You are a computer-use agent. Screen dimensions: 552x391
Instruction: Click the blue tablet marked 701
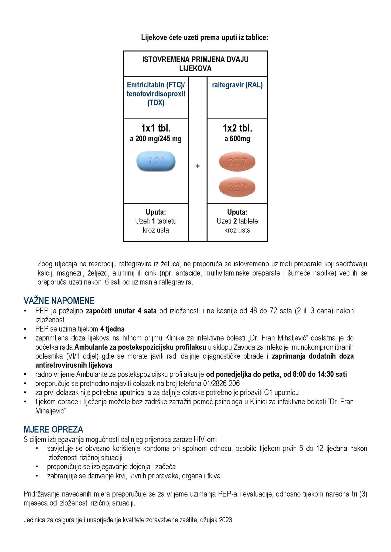156,161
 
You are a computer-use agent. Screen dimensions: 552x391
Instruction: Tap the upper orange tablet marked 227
237,162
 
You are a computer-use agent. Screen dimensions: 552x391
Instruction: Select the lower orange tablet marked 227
237,187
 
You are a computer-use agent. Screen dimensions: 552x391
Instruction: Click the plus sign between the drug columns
198,166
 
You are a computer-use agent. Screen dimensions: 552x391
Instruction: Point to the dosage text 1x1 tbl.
156,128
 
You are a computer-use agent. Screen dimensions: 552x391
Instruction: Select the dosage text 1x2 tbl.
237,128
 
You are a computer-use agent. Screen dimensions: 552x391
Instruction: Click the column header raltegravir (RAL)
237,85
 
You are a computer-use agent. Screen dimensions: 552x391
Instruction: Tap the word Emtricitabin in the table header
144,85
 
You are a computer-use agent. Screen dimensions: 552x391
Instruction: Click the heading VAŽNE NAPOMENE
59,301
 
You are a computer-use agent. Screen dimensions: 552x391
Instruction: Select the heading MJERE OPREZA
53,429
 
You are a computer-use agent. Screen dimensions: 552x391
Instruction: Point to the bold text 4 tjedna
112,329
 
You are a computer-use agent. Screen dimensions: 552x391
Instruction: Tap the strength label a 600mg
237,139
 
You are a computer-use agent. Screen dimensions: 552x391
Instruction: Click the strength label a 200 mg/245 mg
156,139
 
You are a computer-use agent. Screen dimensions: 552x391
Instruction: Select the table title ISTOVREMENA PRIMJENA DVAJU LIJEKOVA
195,64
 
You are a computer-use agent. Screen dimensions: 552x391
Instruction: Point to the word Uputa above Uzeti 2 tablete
237,212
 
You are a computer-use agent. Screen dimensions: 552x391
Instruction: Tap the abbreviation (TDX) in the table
156,103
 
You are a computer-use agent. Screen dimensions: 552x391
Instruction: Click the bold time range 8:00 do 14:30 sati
320,374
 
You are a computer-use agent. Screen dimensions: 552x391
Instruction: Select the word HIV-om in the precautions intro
205,440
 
